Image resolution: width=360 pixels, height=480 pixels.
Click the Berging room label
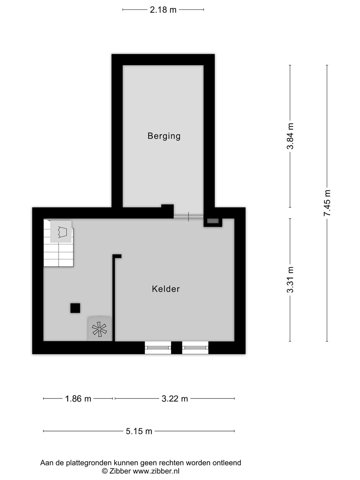164,136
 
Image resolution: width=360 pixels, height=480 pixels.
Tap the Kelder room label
166,289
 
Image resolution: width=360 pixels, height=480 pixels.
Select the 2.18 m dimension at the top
163,10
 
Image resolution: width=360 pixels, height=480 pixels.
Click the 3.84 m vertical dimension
290,136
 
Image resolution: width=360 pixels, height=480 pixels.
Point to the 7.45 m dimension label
327,203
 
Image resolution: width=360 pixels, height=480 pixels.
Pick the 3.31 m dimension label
290,280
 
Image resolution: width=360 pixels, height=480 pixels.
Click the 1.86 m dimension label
78,399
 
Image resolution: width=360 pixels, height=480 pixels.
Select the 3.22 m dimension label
175,399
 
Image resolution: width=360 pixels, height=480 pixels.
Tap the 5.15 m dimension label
139,431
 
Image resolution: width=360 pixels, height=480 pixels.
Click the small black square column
75,308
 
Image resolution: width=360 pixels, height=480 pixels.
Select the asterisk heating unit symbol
99,329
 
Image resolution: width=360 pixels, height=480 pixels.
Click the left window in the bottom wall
158,348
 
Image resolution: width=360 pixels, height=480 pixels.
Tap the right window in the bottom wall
195,348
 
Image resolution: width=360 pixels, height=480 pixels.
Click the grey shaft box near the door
213,221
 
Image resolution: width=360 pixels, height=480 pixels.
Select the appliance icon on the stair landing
61,231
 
